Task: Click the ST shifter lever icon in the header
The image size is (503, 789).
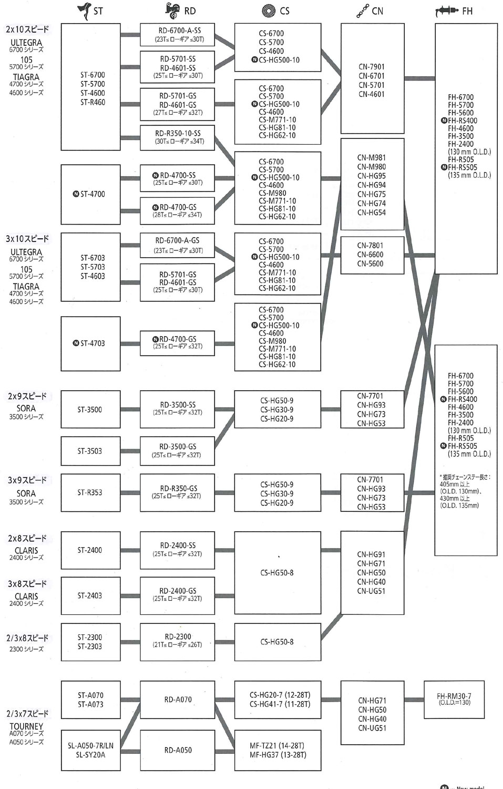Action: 85,11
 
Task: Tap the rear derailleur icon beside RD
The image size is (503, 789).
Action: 173,10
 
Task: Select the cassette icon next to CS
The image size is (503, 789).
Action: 269,11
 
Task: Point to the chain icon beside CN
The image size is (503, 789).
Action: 362,11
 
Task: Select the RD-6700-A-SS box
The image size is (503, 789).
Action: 178,35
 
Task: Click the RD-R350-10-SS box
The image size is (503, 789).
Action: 178,137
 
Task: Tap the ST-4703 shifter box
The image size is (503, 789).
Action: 90,343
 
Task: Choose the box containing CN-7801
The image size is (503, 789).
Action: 372,255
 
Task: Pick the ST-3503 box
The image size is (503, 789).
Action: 90,451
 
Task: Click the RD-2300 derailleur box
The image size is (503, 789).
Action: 178,640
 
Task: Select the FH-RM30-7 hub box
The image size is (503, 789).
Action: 454,699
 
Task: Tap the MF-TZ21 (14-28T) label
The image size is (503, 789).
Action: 277,745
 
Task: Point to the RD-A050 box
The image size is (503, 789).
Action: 178,750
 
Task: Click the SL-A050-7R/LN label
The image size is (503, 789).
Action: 90,745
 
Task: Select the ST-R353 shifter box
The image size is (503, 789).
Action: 90,492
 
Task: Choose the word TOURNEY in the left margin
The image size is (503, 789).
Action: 26,726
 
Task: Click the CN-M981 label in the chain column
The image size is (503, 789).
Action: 372,158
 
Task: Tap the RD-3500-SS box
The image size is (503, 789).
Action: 178,408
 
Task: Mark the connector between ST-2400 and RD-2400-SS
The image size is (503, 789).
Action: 130,550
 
